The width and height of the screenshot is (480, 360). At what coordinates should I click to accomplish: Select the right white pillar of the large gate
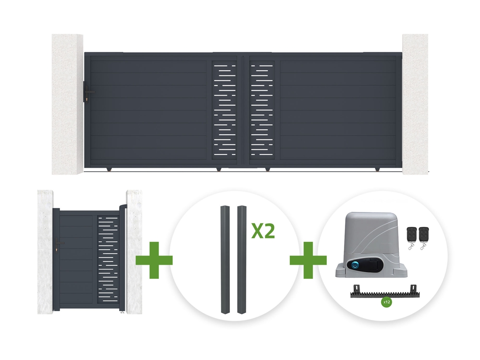pos(415,104)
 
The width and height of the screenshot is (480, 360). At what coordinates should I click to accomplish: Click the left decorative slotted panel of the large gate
pos(224,110)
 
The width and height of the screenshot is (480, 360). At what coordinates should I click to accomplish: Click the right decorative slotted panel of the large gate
pos(262,110)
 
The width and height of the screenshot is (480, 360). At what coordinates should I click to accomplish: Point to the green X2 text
pos(263,231)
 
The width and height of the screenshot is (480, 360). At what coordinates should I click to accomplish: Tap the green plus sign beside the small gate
pos(154,260)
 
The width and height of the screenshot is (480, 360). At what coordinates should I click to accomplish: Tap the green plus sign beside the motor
pos(308,260)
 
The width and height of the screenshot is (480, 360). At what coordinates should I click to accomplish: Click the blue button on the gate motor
pos(355,265)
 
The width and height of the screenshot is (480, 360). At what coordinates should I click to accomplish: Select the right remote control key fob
pos(424,239)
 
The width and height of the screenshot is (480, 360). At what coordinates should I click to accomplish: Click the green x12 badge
pos(387,302)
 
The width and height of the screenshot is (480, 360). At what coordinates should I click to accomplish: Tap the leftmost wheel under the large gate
pos(109,169)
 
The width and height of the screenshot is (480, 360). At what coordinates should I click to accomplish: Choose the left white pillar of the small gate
pos(45,252)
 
